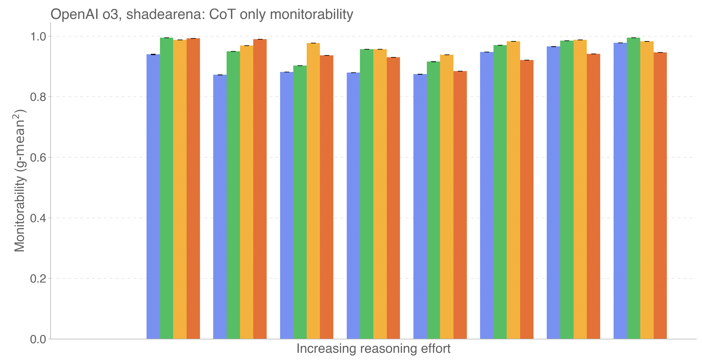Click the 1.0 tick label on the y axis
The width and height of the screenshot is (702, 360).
point(38,37)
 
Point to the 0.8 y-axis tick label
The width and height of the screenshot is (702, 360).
point(38,97)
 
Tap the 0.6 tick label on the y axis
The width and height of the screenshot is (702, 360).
point(38,157)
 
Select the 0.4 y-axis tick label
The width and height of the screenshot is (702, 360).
point(38,218)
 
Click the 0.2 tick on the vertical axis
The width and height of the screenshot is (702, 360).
point(38,279)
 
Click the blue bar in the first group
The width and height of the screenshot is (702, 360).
point(153,196)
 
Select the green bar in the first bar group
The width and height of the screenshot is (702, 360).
point(167,188)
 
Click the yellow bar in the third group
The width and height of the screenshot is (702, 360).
point(313,191)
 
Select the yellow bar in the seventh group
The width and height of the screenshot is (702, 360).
point(580,189)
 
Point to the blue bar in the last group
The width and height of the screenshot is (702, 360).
point(620,191)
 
